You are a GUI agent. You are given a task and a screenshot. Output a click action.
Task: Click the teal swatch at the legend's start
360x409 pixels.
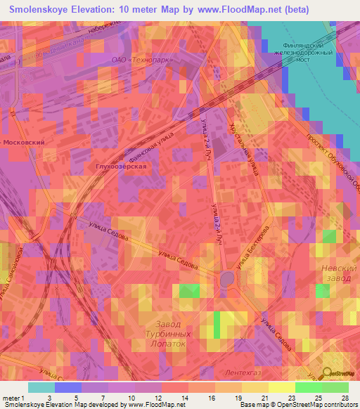[41, 387]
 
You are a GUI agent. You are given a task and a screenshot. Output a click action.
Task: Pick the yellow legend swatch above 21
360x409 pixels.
[255, 387]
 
